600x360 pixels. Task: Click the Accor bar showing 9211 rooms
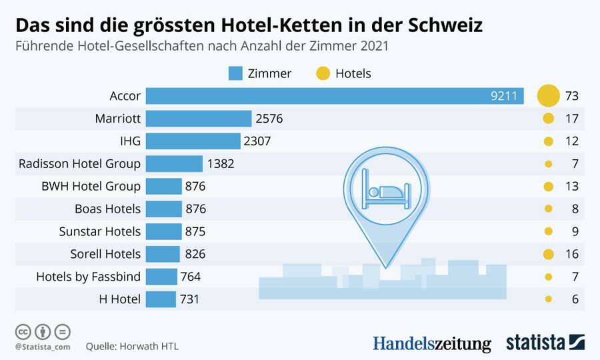point(333,96)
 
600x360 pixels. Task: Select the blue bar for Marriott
point(199,119)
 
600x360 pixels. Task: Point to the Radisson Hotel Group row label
point(79,163)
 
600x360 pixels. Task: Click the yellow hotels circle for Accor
point(548,96)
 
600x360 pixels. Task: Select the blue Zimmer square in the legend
point(235,73)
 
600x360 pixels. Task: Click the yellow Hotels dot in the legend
point(323,73)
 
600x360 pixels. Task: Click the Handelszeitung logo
point(431,343)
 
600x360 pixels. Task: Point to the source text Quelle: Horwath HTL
point(132,347)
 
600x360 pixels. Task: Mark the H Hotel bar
point(161,299)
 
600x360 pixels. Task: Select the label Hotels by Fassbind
point(88,277)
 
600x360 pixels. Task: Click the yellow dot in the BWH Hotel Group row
point(548,187)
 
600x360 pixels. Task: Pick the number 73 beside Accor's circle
point(571,96)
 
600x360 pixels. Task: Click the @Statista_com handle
point(43,347)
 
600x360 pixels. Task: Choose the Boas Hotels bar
point(163,209)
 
